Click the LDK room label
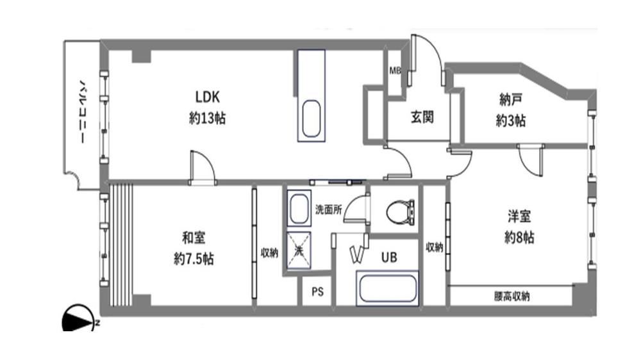point(207,97)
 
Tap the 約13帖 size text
point(207,119)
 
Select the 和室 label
point(194,238)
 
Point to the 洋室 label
point(519,216)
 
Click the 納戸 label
point(511,99)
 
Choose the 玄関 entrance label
point(422,117)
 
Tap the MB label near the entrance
point(395,70)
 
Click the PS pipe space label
point(318,291)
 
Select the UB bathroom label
point(389,258)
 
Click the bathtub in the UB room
point(388,288)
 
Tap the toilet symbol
point(400,211)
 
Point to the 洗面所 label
point(328,209)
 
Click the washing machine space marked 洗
point(299,250)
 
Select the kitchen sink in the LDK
point(311,119)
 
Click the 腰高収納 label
point(512,296)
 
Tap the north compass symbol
point(79,319)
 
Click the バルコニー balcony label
point(83,111)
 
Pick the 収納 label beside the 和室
point(269,253)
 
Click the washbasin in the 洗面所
point(299,208)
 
